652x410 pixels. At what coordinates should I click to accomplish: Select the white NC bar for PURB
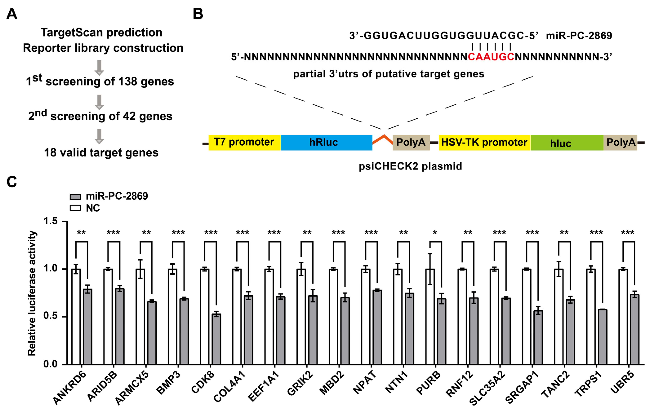[430, 317]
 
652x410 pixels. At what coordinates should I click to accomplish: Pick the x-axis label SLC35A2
[487, 388]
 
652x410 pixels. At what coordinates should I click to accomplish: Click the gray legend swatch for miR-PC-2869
[75, 196]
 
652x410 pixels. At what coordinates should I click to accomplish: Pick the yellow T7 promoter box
[244, 142]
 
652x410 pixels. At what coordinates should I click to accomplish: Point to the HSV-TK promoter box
[484, 142]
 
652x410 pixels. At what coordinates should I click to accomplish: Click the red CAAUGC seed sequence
[491, 57]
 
